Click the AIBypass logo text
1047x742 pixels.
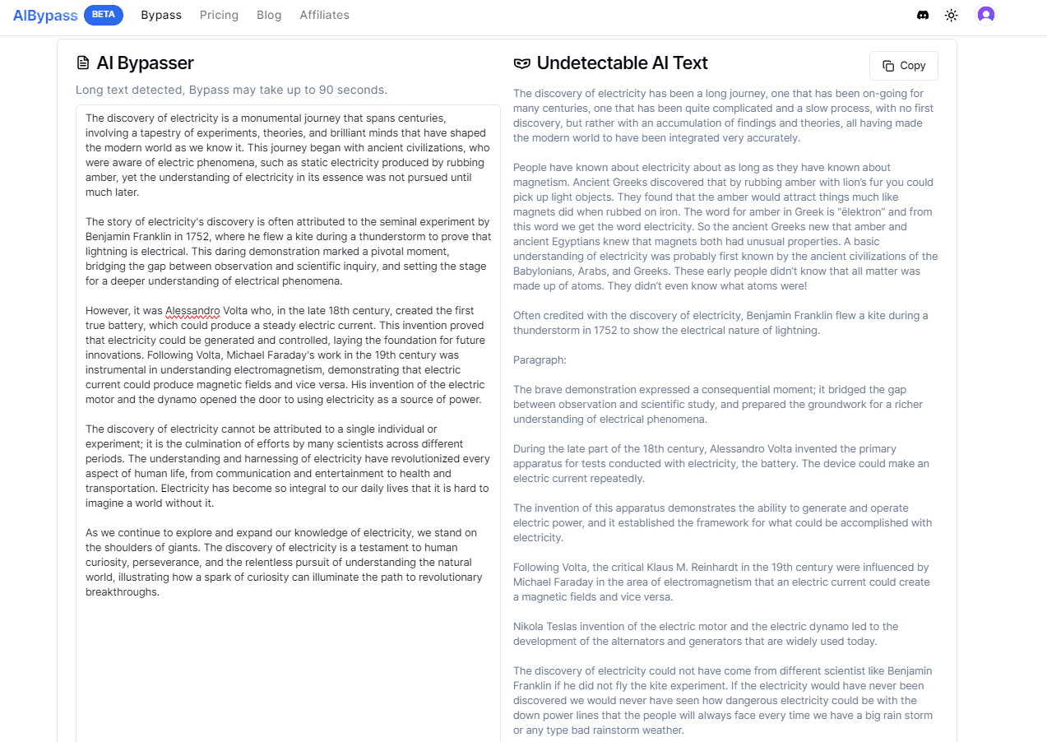tap(45, 15)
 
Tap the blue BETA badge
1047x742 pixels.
tap(104, 15)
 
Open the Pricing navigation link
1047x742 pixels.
tap(219, 15)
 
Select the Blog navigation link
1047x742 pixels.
tap(269, 15)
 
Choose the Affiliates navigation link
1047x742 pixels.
tap(324, 15)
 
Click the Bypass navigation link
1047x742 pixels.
tap(161, 15)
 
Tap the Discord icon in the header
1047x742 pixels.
tap(923, 15)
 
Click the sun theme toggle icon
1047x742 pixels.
tap(952, 15)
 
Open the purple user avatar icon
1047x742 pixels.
tap(986, 15)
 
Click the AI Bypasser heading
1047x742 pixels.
tap(145, 63)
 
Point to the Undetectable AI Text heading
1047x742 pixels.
tap(622, 63)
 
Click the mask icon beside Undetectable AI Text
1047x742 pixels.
tap(521, 63)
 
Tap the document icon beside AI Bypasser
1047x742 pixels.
tap(82, 63)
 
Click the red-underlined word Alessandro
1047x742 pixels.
tap(192, 311)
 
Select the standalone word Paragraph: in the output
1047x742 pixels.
tap(540, 360)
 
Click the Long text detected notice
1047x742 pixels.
tap(231, 90)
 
